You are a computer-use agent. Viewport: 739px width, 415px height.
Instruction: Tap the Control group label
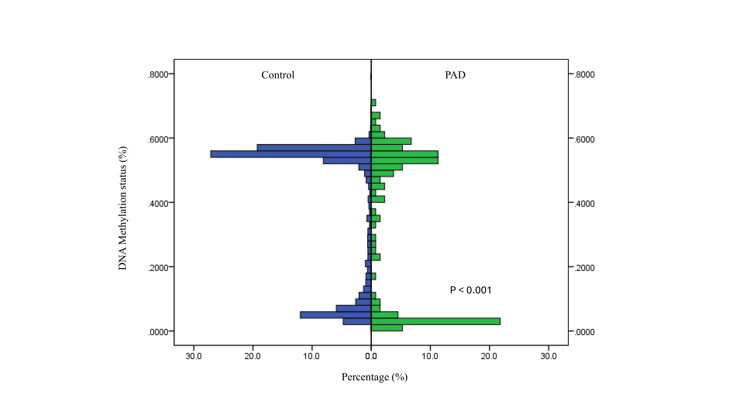coord(278,75)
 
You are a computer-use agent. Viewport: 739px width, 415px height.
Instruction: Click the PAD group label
coord(455,75)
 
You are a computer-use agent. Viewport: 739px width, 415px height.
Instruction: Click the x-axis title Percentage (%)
coord(374,377)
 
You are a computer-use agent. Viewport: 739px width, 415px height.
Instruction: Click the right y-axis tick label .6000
coord(584,139)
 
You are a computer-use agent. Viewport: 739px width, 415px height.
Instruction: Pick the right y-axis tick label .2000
coord(584,268)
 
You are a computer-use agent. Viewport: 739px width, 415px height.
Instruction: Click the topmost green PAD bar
coord(373,103)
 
